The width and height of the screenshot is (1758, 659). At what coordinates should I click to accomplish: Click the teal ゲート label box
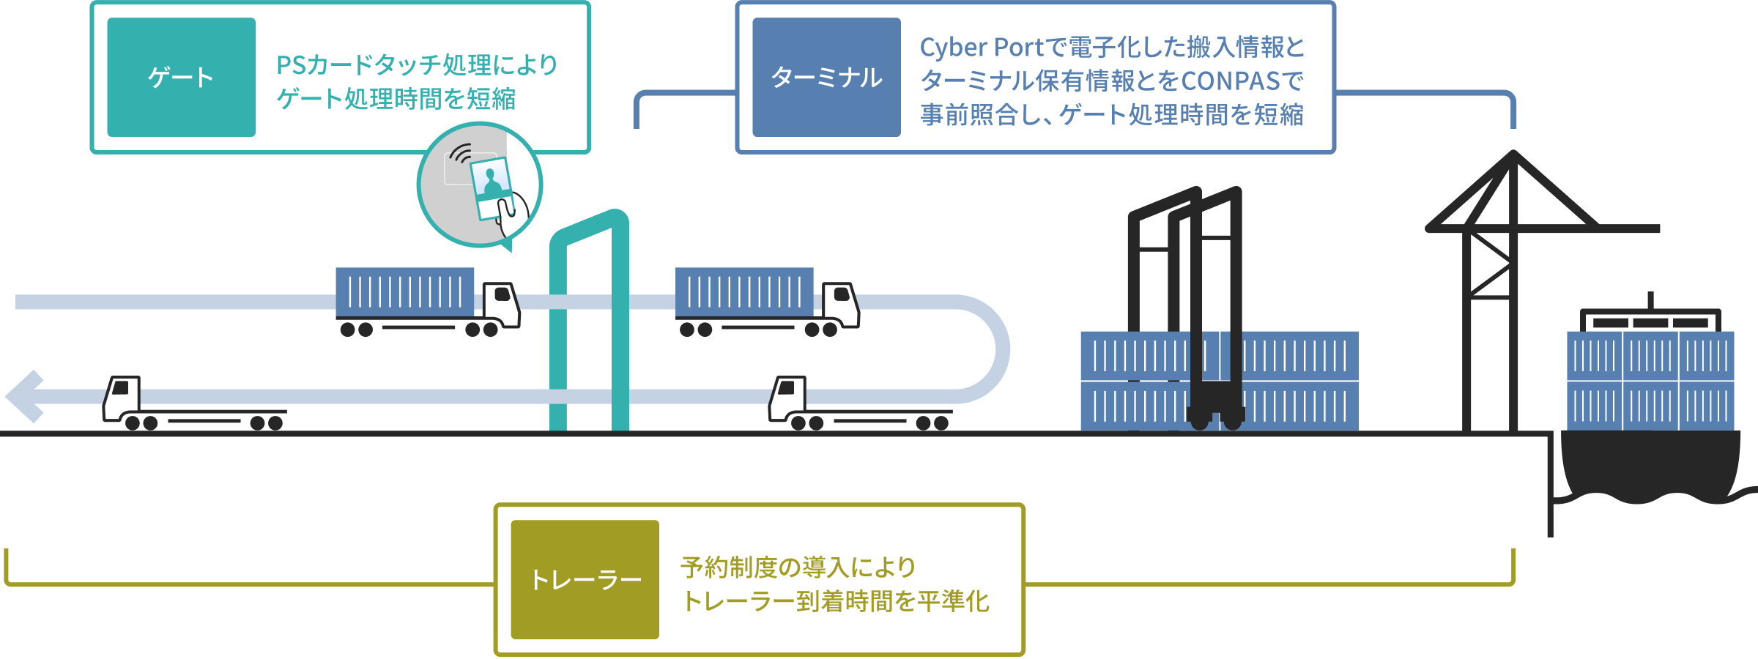[x=182, y=77]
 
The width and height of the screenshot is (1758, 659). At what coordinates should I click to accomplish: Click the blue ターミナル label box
[x=826, y=77]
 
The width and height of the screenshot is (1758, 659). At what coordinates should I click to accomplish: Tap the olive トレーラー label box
[x=585, y=579]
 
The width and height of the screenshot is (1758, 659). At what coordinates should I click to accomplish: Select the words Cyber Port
[x=981, y=48]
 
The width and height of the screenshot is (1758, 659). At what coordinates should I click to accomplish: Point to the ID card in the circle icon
[x=492, y=188]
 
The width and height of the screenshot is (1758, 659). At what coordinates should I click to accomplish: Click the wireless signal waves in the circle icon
[x=461, y=154]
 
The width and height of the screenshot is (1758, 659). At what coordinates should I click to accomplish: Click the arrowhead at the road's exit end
[x=25, y=396]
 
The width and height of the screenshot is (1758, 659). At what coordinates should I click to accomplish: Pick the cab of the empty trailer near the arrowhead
[x=122, y=398]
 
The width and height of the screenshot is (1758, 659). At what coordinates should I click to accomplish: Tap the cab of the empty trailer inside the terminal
[x=787, y=398]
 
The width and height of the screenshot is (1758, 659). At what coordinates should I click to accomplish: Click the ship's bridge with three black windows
[x=1650, y=321]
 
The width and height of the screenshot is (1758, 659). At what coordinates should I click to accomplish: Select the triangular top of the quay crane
[x=1513, y=192]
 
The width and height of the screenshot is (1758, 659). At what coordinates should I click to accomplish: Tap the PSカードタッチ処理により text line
[x=417, y=65]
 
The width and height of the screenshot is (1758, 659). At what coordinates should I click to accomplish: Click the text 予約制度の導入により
[x=798, y=567]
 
